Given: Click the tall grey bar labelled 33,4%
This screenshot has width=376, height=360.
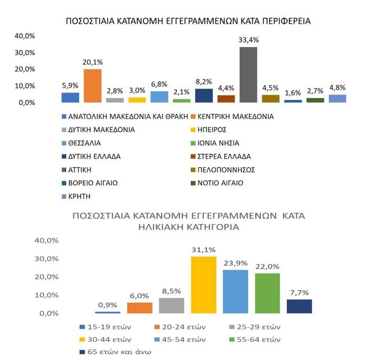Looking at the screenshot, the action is (249, 75).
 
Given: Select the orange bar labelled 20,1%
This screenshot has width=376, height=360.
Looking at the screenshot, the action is (93, 86).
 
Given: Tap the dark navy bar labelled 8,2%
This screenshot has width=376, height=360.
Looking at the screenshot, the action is (204, 95).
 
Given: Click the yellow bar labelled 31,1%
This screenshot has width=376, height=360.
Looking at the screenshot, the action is (204, 285).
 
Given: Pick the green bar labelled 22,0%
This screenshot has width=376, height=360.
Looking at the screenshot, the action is (267, 293).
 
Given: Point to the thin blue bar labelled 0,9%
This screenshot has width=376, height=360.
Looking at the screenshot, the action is (108, 312).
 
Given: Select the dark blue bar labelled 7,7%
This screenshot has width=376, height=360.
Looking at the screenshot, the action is (299, 306).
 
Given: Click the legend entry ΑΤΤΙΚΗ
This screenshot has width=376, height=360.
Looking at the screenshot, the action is (77, 170).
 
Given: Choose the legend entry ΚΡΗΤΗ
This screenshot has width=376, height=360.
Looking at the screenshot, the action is (76, 197).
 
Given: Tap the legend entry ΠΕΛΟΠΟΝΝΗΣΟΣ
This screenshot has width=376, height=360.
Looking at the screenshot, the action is (223, 170).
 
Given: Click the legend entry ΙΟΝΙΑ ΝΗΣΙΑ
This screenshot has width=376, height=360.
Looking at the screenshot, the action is (215, 143).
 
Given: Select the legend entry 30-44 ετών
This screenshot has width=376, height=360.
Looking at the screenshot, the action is (106, 340).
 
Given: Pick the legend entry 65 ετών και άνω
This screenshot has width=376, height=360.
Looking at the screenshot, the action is (116, 352).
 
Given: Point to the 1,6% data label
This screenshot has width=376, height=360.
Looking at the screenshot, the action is (293, 93).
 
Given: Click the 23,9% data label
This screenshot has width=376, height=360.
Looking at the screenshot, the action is (236, 263).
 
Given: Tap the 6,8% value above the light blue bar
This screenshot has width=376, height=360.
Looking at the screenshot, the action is (159, 84).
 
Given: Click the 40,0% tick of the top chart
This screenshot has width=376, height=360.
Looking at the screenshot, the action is (25, 36).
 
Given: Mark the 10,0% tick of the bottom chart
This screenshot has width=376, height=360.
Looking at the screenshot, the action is (47, 295).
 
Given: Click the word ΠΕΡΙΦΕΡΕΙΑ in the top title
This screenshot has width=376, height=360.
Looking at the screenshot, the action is (286, 21).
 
